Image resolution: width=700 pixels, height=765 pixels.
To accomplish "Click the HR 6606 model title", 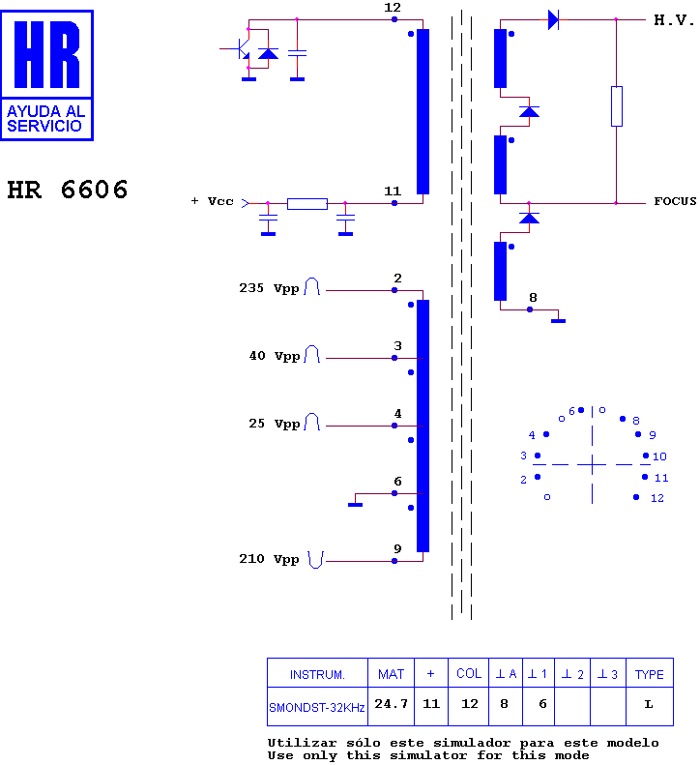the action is (68, 190).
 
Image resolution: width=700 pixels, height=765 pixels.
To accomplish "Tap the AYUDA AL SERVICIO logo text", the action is (45, 119).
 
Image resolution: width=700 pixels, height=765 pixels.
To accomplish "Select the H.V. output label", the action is (674, 20).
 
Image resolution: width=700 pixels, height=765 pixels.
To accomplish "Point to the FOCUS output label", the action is (675, 201).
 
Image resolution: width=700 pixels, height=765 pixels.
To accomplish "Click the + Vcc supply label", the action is (212, 201).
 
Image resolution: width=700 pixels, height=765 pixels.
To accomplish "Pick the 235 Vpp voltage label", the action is (269, 288).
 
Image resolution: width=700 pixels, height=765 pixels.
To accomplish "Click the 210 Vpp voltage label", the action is (269, 559).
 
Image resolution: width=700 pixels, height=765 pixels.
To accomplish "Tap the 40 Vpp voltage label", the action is (275, 356).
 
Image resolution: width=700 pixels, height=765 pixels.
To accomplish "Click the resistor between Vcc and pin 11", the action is (307, 203).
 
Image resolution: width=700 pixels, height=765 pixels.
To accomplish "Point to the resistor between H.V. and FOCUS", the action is (617, 106).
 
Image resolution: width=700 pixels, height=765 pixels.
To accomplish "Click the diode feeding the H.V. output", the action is (553, 20).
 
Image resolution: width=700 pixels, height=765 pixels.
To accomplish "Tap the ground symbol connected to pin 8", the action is (558, 320).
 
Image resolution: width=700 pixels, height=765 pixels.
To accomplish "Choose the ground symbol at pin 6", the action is (355, 504).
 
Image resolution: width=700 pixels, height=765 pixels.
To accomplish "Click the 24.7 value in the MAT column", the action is (392, 703).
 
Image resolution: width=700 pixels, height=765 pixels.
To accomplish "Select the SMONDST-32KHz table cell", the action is (317, 707).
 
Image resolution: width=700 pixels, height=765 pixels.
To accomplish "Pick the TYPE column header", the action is (650, 674).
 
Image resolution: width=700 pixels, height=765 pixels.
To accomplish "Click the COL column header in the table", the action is (469, 673).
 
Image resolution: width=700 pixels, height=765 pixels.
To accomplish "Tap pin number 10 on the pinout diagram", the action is (659, 456).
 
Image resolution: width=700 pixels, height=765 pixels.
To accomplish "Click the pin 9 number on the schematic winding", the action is (397, 549).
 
